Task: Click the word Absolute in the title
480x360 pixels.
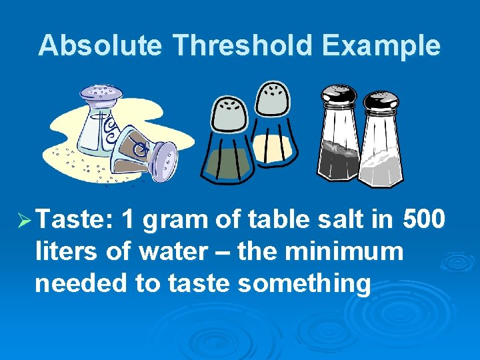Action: pyautogui.click(x=100, y=45)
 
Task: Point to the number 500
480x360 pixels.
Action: pyautogui.click(x=421, y=219)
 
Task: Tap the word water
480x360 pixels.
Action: pyautogui.click(x=174, y=251)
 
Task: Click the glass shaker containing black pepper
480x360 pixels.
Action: pyautogui.click(x=339, y=140)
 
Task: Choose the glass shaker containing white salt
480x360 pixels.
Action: pyautogui.click(x=381, y=143)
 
